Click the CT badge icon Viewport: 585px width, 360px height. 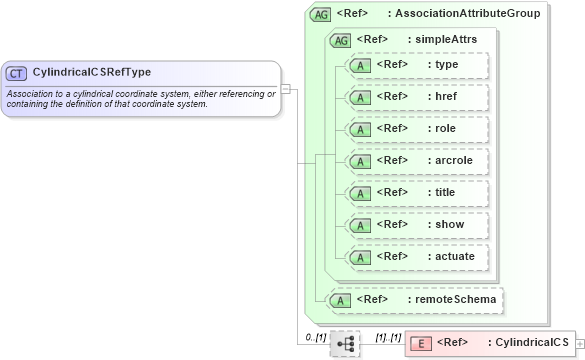point(17,73)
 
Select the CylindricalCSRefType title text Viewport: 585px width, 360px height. point(92,73)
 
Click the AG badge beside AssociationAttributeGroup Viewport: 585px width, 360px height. point(321,14)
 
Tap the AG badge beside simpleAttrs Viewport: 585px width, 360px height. point(341,40)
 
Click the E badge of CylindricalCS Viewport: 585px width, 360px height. point(422,343)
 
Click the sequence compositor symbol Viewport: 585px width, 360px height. point(345,343)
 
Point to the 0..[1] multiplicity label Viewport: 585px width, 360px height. point(315,337)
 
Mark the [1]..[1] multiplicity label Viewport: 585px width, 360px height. point(387,337)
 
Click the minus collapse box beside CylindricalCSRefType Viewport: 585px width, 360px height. point(286,88)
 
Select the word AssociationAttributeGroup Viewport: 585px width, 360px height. point(468,14)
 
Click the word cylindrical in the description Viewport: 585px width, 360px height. point(101,94)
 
